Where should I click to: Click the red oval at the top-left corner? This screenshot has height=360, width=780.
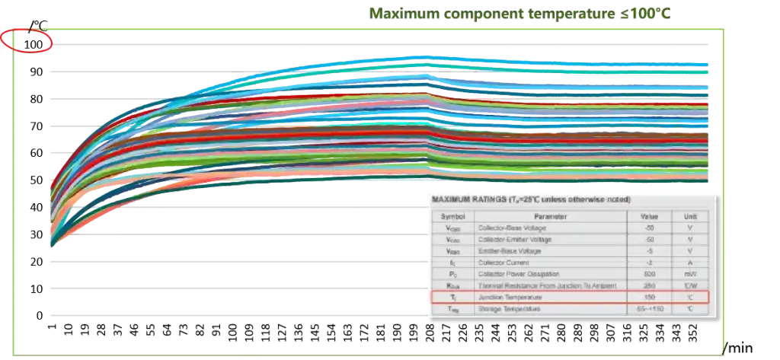click(x=27, y=40)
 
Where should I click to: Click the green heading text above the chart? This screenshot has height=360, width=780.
click(x=518, y=14)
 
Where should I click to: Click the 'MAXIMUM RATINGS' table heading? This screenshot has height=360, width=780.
click(x=531, y=199)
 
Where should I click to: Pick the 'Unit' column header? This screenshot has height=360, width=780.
click(x=690, y=216)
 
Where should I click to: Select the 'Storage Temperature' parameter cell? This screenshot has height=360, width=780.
click(x=509, y=309)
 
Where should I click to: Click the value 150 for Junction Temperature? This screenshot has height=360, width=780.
click(x=650, y=297)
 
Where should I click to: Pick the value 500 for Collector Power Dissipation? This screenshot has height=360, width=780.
click(x=650, y=274)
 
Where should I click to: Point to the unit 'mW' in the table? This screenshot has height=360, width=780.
click(x=690, y=274)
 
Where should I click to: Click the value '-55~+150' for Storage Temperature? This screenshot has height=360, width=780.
click(x=650, y=309)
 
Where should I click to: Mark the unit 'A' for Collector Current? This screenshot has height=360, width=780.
click(x=690, y=263)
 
